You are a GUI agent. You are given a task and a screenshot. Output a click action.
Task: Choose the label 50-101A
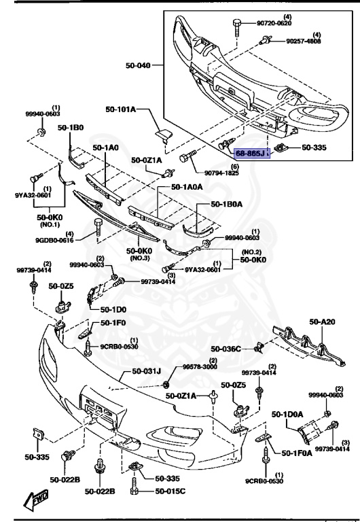(x=120, y=109)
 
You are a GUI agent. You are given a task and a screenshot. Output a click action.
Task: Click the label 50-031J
(x=138, y=372)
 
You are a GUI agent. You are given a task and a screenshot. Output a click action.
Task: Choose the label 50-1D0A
(x=287, y=413)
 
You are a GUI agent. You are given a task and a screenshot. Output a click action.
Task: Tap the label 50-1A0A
(x=186, y=187)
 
